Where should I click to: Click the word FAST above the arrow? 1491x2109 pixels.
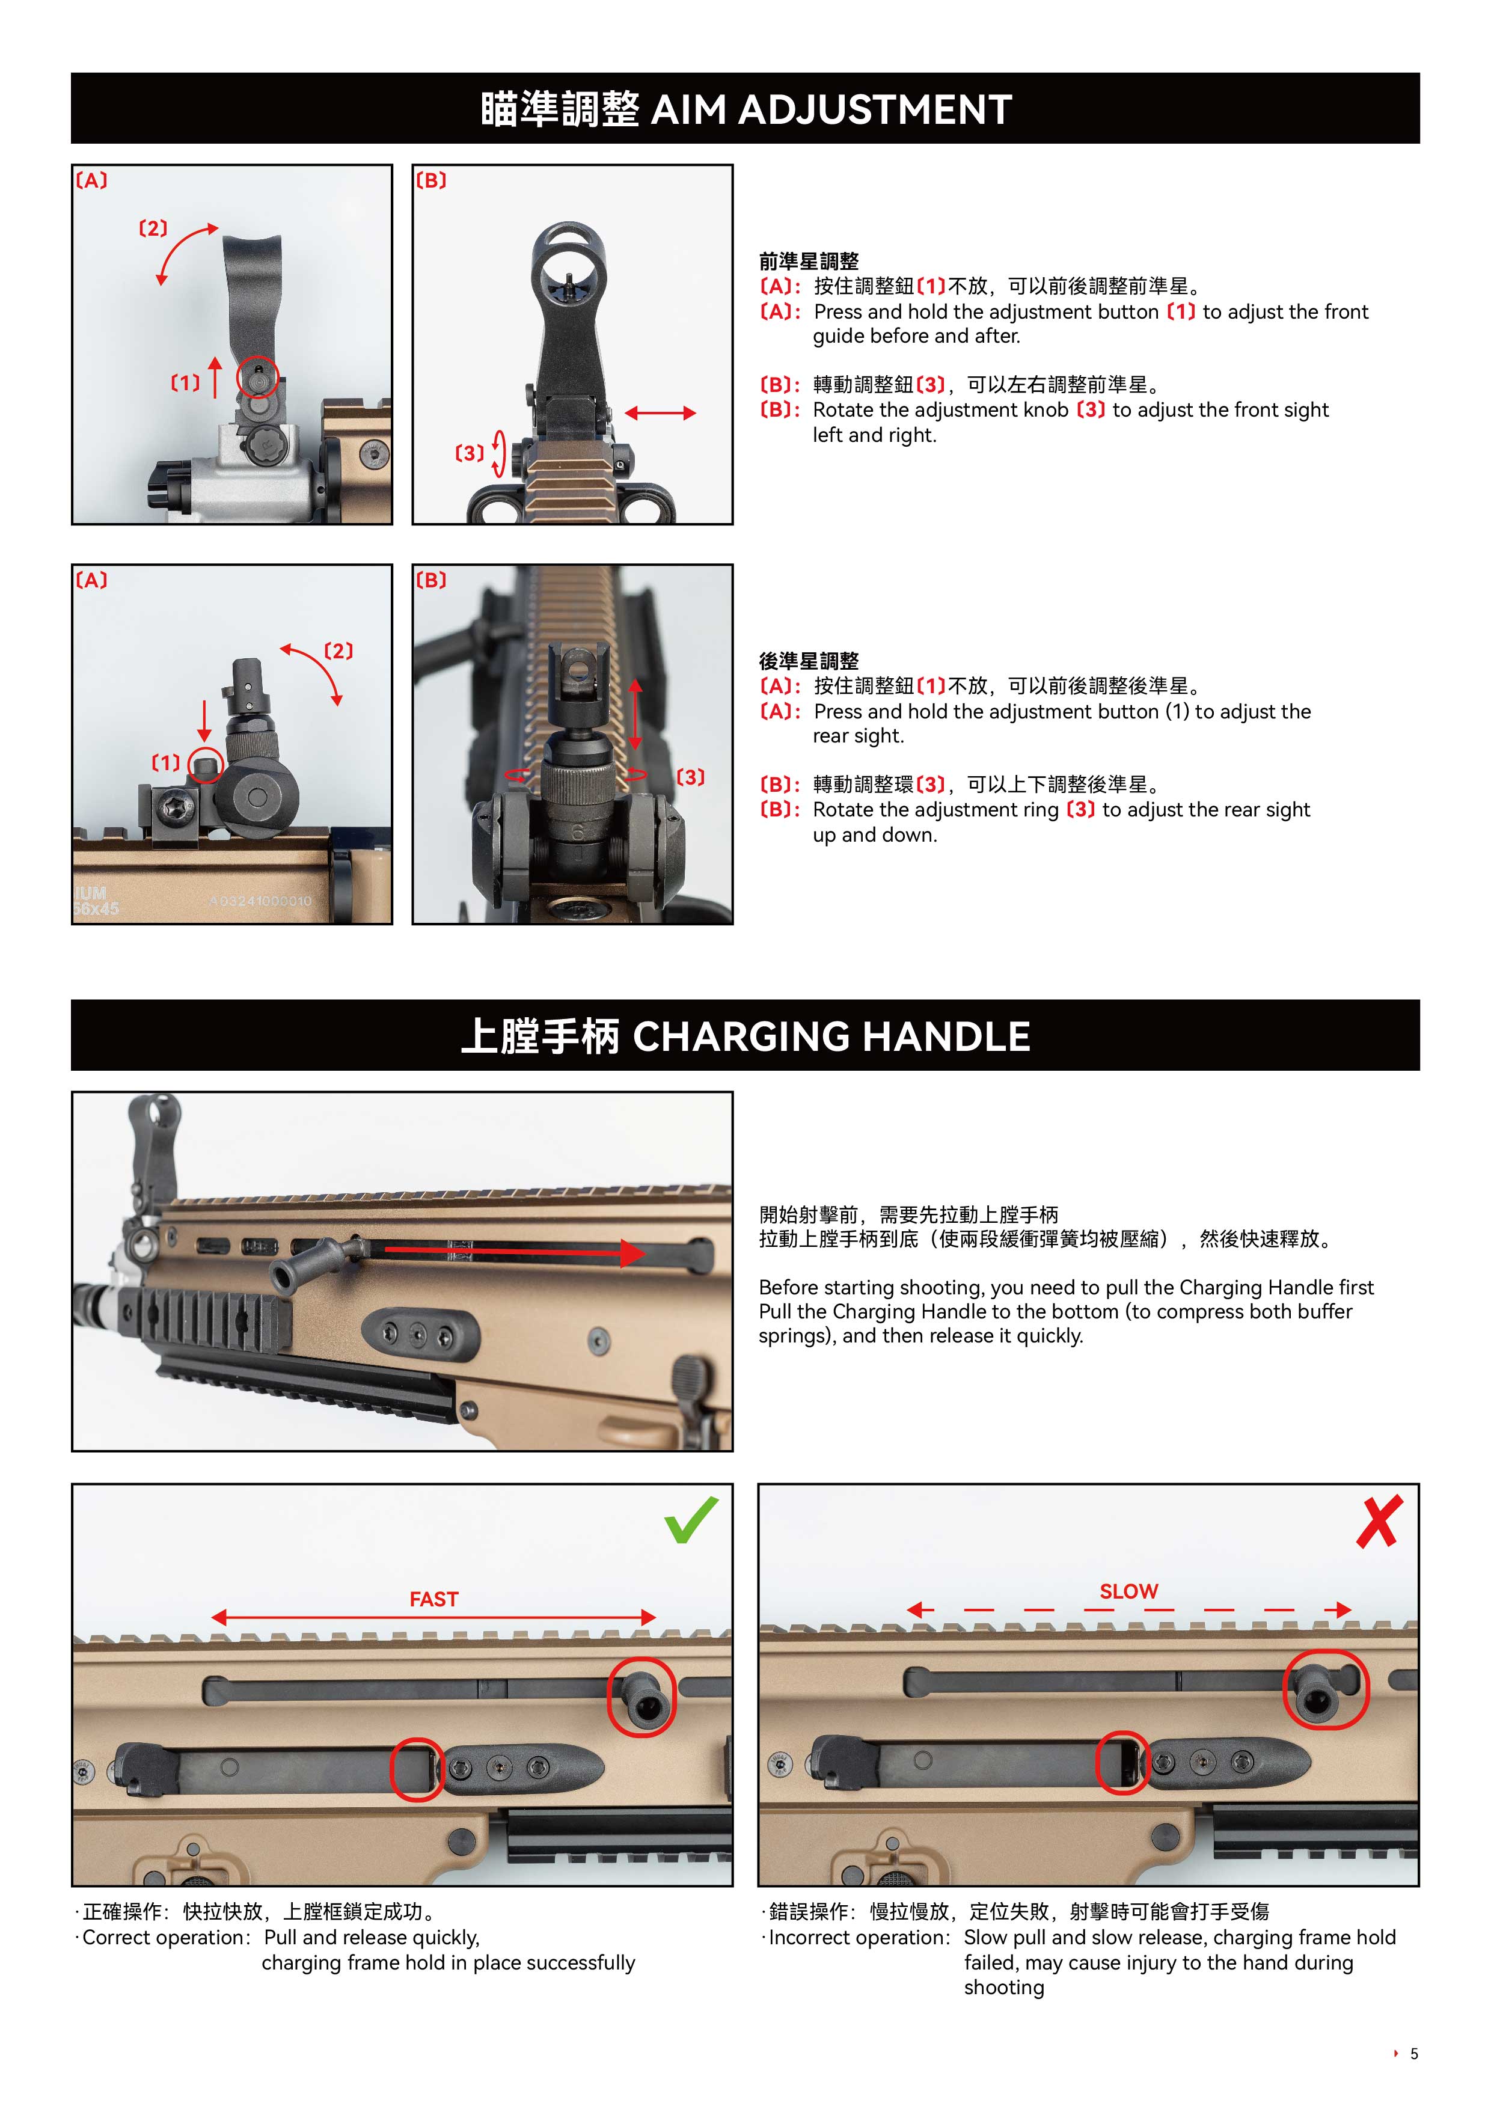[433, 1599]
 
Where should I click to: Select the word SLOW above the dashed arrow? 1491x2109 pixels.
[1129, 1591]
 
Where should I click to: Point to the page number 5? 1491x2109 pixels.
[1414, 2053]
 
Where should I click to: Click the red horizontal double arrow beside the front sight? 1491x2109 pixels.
[661, 414]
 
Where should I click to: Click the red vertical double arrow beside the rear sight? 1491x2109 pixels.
[635, 715]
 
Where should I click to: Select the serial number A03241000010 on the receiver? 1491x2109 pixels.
[260, 901]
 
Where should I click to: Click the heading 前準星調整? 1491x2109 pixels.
[809, 261]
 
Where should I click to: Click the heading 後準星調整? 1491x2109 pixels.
[809, 661]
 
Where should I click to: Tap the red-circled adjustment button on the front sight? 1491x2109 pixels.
[258, 376]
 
